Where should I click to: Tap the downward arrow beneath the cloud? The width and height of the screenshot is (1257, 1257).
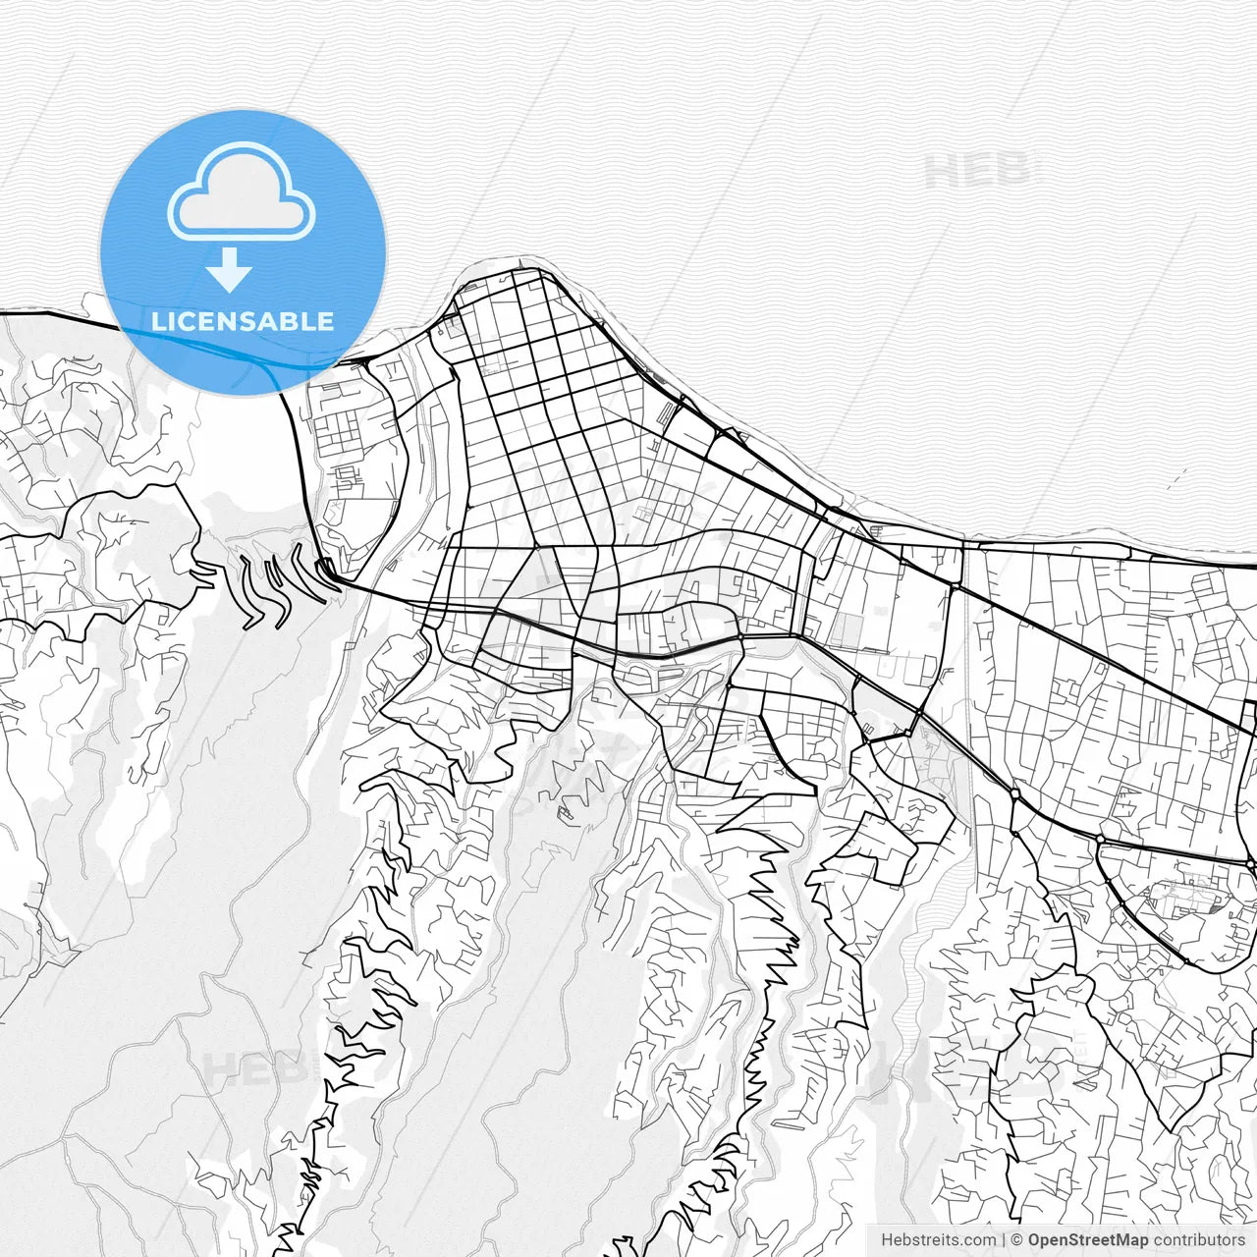coord(230,269)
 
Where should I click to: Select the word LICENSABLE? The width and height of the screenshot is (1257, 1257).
coord(243,321)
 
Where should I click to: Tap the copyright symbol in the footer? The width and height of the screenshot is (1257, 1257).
coord(1017,1240)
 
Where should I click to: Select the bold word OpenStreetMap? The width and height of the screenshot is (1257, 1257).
coord(1087,1240)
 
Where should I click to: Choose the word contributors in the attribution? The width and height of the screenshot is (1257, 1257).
coord(1198,1240)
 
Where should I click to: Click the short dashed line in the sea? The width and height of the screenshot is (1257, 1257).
coord(1176,480)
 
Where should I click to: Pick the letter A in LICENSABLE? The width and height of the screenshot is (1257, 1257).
coord(271,321)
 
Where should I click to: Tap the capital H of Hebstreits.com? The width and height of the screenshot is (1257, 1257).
coord(887,1240)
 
